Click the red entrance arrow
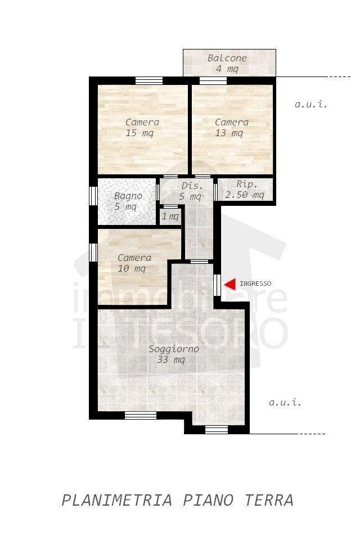coord(229,284)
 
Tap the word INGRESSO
coord(255,283)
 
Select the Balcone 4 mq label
coord(227,64)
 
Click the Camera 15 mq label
coord(142,128)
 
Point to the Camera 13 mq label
coord(231,128)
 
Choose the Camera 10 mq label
coord(134,263)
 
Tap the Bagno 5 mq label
coord(128,201)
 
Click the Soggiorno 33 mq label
coord(174,354)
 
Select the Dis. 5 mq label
coord(192,191)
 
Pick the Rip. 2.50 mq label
coord(245,190)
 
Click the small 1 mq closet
coord(170,216)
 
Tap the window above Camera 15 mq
coord(149,80)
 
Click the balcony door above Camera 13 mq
coord(213,80)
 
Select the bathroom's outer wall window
coord(93,196)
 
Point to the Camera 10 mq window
coord(93,252)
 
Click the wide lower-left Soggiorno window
coord(141,415)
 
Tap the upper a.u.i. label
coord(310,104)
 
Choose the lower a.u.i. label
coord(285,402)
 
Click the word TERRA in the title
coord(269,500)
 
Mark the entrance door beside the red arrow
coord(217,285)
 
